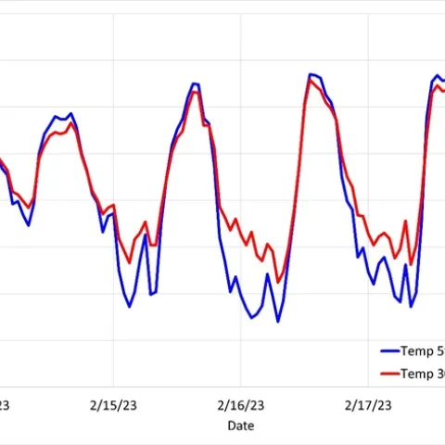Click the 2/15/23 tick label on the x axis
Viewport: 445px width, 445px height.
pos(113,404)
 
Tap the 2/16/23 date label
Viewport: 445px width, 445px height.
pos(240,404)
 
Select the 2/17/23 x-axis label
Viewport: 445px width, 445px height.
pos(368,404)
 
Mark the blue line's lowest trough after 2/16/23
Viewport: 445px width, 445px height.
pos(277,322)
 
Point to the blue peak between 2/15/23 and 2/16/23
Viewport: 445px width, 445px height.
pos(195,83)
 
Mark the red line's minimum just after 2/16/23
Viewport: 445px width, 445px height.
pos(277,282)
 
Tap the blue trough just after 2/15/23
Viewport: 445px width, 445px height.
pos(130,306)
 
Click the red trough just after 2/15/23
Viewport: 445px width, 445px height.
pos(130,262)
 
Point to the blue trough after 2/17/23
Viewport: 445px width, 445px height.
pos(411,306)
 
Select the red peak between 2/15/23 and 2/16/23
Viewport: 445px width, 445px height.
pos(195,91)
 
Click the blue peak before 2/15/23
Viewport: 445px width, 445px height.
pos(70,114)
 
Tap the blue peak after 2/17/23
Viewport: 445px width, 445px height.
pos(438,76)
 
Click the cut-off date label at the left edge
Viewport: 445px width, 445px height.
pos(5,404)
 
